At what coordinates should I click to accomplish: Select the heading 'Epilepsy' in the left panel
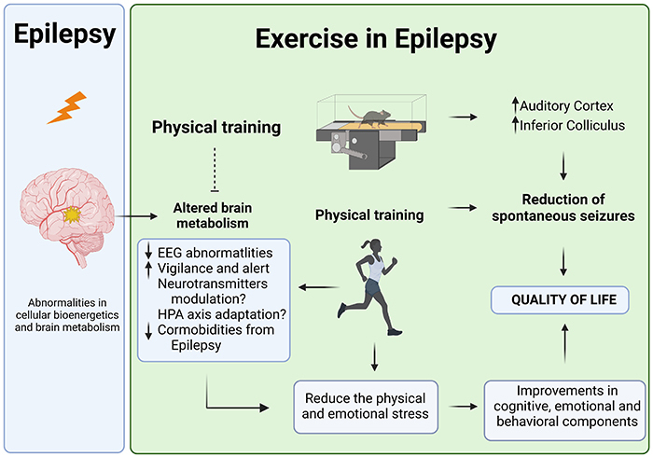pyautogui.click(x=64, y=35)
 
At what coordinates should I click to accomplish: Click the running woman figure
pyautogui.click(x=371, y=288)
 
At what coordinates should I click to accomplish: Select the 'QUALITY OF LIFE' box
pyautogui.click(x=560, y=299)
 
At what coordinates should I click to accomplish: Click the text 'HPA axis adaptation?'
pyautogui.click(x=220, y=312)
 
